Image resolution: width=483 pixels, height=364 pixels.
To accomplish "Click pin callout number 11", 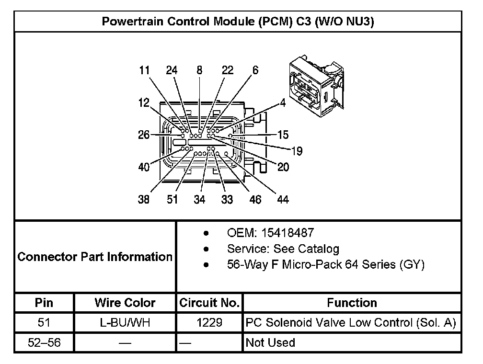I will (x=144, y=70).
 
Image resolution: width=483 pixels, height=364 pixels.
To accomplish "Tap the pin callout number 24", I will (x=172, y=70).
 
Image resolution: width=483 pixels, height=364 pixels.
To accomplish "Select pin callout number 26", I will (x=144, y=135).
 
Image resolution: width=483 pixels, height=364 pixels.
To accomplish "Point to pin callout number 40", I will (x=144, y=167).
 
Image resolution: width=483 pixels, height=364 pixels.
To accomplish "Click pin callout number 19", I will (x=297, y=151).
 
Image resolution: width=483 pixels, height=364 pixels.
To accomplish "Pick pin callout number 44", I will (x=283, y=199).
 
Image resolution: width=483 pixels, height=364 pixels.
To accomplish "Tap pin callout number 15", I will (x=283, y=135).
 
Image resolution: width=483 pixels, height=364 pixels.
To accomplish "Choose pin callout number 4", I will (x=283, y=102).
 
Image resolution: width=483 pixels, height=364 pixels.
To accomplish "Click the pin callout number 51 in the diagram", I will (x=172, y=199).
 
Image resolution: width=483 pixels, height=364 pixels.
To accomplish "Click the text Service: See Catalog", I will (x=283, y=249).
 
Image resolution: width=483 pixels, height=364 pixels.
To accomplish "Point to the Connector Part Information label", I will (x=95, y=257).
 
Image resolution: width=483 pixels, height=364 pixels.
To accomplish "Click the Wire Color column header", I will (x=125, y=303).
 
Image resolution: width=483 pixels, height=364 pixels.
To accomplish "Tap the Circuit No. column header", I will (x=209, y=303).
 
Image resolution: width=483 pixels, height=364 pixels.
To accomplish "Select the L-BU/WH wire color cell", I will (x=125, y=323).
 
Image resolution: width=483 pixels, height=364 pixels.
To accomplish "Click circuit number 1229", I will (x=209, y=323).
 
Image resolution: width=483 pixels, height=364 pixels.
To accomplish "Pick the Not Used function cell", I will (x=270, y=342).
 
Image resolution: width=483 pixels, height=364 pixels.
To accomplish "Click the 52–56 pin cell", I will (x=44, y=342).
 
